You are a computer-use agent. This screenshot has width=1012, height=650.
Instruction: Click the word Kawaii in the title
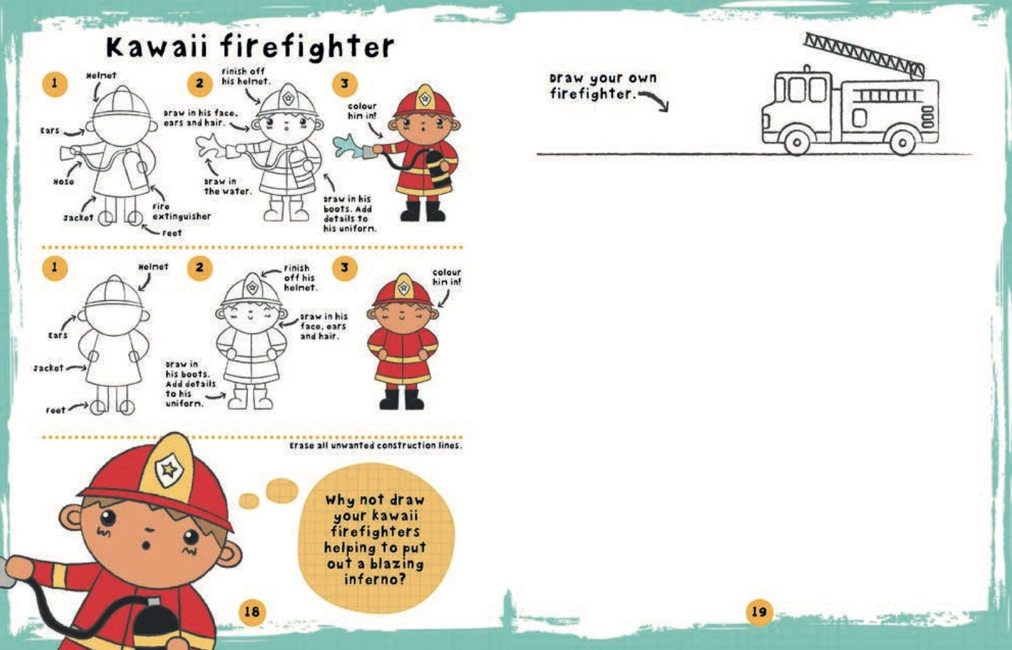157,47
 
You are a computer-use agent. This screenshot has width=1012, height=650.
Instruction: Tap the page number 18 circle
251,611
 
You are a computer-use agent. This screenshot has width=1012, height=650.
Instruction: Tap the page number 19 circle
759,611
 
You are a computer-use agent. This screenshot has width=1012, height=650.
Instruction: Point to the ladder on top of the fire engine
864,55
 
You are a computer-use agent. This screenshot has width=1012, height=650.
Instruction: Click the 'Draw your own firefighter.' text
603,86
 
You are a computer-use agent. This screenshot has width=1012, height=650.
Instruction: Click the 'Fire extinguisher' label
181,212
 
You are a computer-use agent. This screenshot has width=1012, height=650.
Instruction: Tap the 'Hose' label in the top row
63,181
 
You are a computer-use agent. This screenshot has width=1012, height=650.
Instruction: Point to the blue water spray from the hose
347,146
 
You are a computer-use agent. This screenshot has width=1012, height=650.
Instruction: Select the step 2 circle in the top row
200,83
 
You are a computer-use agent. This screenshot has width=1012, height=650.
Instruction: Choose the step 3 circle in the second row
345,268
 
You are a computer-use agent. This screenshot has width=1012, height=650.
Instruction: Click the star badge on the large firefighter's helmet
169,470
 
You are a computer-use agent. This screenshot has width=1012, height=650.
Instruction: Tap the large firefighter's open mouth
146,546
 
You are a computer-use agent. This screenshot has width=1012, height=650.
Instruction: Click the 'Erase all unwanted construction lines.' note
375,445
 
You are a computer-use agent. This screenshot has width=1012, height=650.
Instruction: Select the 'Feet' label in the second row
55,410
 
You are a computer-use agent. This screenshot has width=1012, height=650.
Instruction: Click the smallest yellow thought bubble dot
249,501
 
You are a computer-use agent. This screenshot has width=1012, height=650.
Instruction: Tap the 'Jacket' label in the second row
48,368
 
